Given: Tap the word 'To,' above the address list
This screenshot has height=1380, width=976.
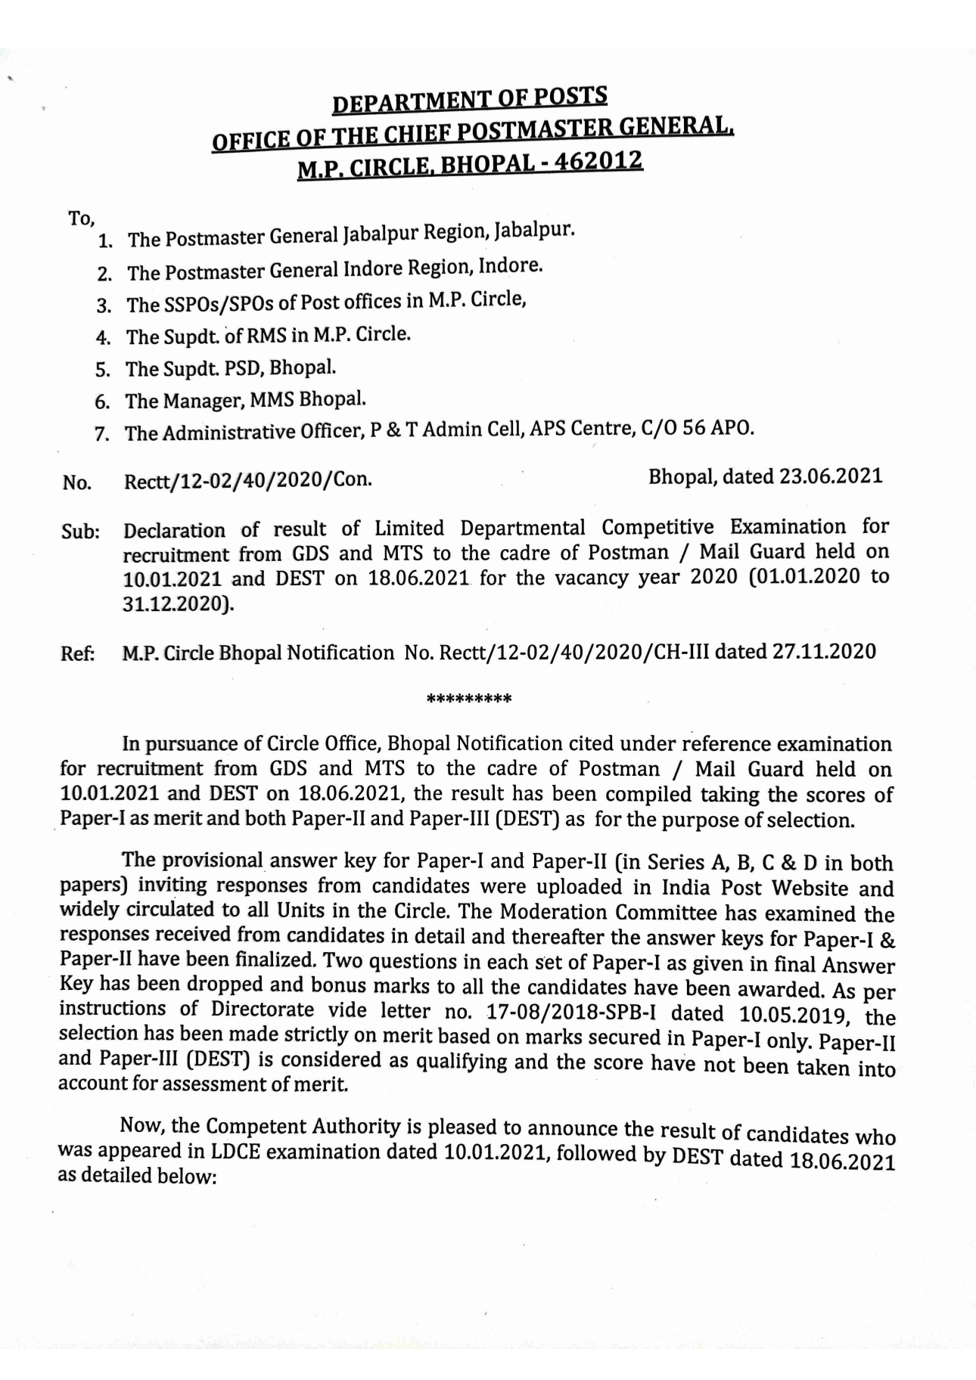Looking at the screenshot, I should [81, 219].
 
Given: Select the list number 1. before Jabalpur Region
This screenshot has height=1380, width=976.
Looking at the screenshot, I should [106, 242].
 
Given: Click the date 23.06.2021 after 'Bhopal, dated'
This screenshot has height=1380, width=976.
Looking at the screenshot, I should [831, 476].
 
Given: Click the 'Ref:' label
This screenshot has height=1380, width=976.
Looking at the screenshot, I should [78, 653].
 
